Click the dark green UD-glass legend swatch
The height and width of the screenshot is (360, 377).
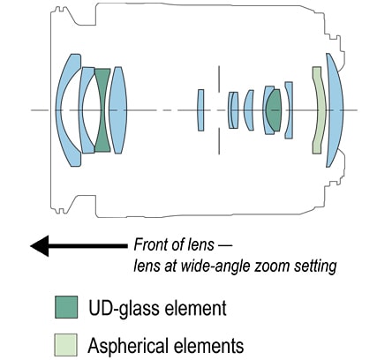click(66, 307)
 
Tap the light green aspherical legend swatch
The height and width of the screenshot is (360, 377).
click(66, 345)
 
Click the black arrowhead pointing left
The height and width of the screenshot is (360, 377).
click(40, 246)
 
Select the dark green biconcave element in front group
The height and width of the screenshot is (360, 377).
click(102, 110)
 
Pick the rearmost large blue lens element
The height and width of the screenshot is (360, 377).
click(336, 110)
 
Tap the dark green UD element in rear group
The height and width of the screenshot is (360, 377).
click(274, 110)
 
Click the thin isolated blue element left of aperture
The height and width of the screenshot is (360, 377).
click(200, 110)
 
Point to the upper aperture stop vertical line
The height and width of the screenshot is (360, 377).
click(219, 79)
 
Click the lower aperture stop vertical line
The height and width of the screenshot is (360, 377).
click(219, 141)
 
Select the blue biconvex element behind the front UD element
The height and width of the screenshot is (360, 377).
click(117, 110)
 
